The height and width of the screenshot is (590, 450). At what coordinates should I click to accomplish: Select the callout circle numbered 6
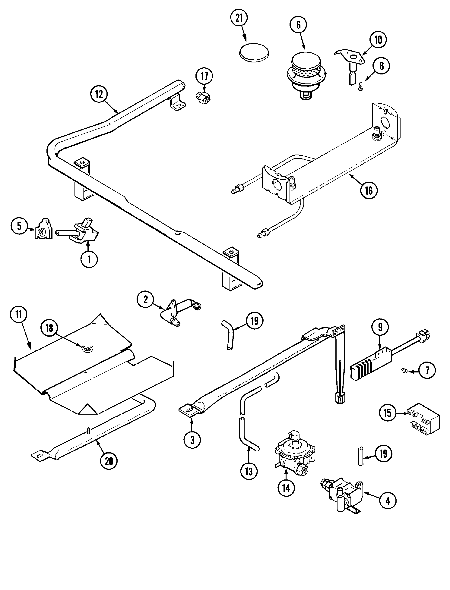[x=298, y=25]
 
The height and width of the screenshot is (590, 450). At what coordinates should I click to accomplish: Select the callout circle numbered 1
[x=89, y=259]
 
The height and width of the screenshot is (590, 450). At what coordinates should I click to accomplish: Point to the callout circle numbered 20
[x=109, y=461]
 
